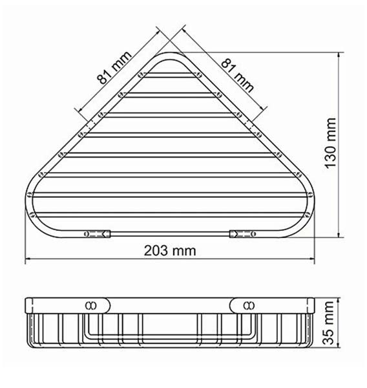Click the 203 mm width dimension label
(x=170, y=251)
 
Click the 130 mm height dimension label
(x=330, y=144)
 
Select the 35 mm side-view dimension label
(x=329, y=323)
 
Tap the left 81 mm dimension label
(x=114, y=67)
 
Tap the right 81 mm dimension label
(x=237, y=75)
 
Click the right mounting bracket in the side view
(x=244, y=305)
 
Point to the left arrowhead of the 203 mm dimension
(x=28, y=259)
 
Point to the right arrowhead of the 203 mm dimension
(x=311, y=259)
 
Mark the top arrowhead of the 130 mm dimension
(x=339, y=56)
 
